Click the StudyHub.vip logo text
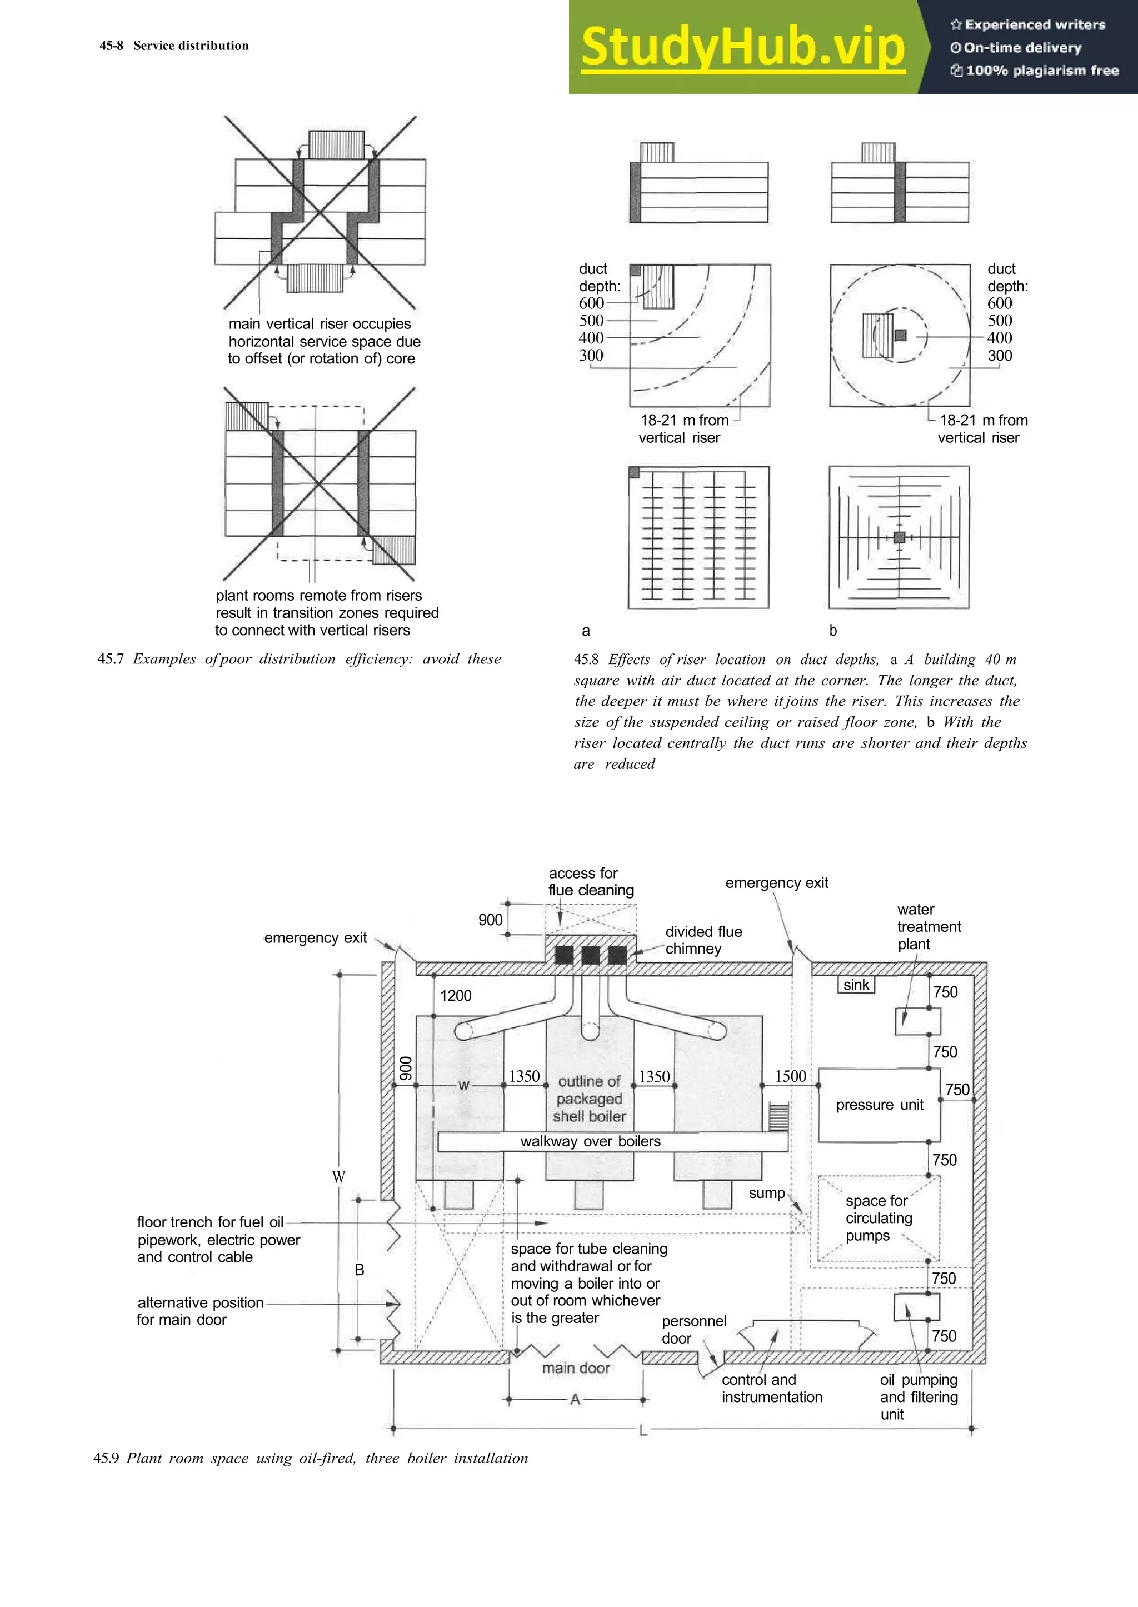(x=743, y=47)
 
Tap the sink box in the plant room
(x=856, y=985)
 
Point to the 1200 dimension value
(x=456, y=995)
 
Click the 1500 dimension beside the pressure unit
(x=791, y=1076)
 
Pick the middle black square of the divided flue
(x=590, y=955)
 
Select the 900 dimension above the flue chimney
(x=491, y=920)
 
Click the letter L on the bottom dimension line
(x=642, y=1430)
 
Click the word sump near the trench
(x=767, y=1194)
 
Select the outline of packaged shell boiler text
(x=590, y=1099)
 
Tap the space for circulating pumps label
(x=878, y=1218)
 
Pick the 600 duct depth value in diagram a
(x=591, y=303)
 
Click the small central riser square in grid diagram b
(x=900, y=537)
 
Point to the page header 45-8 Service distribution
(x=174, y=46)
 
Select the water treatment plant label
(x=929, y=926)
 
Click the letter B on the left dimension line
(x=360, y=1270)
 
